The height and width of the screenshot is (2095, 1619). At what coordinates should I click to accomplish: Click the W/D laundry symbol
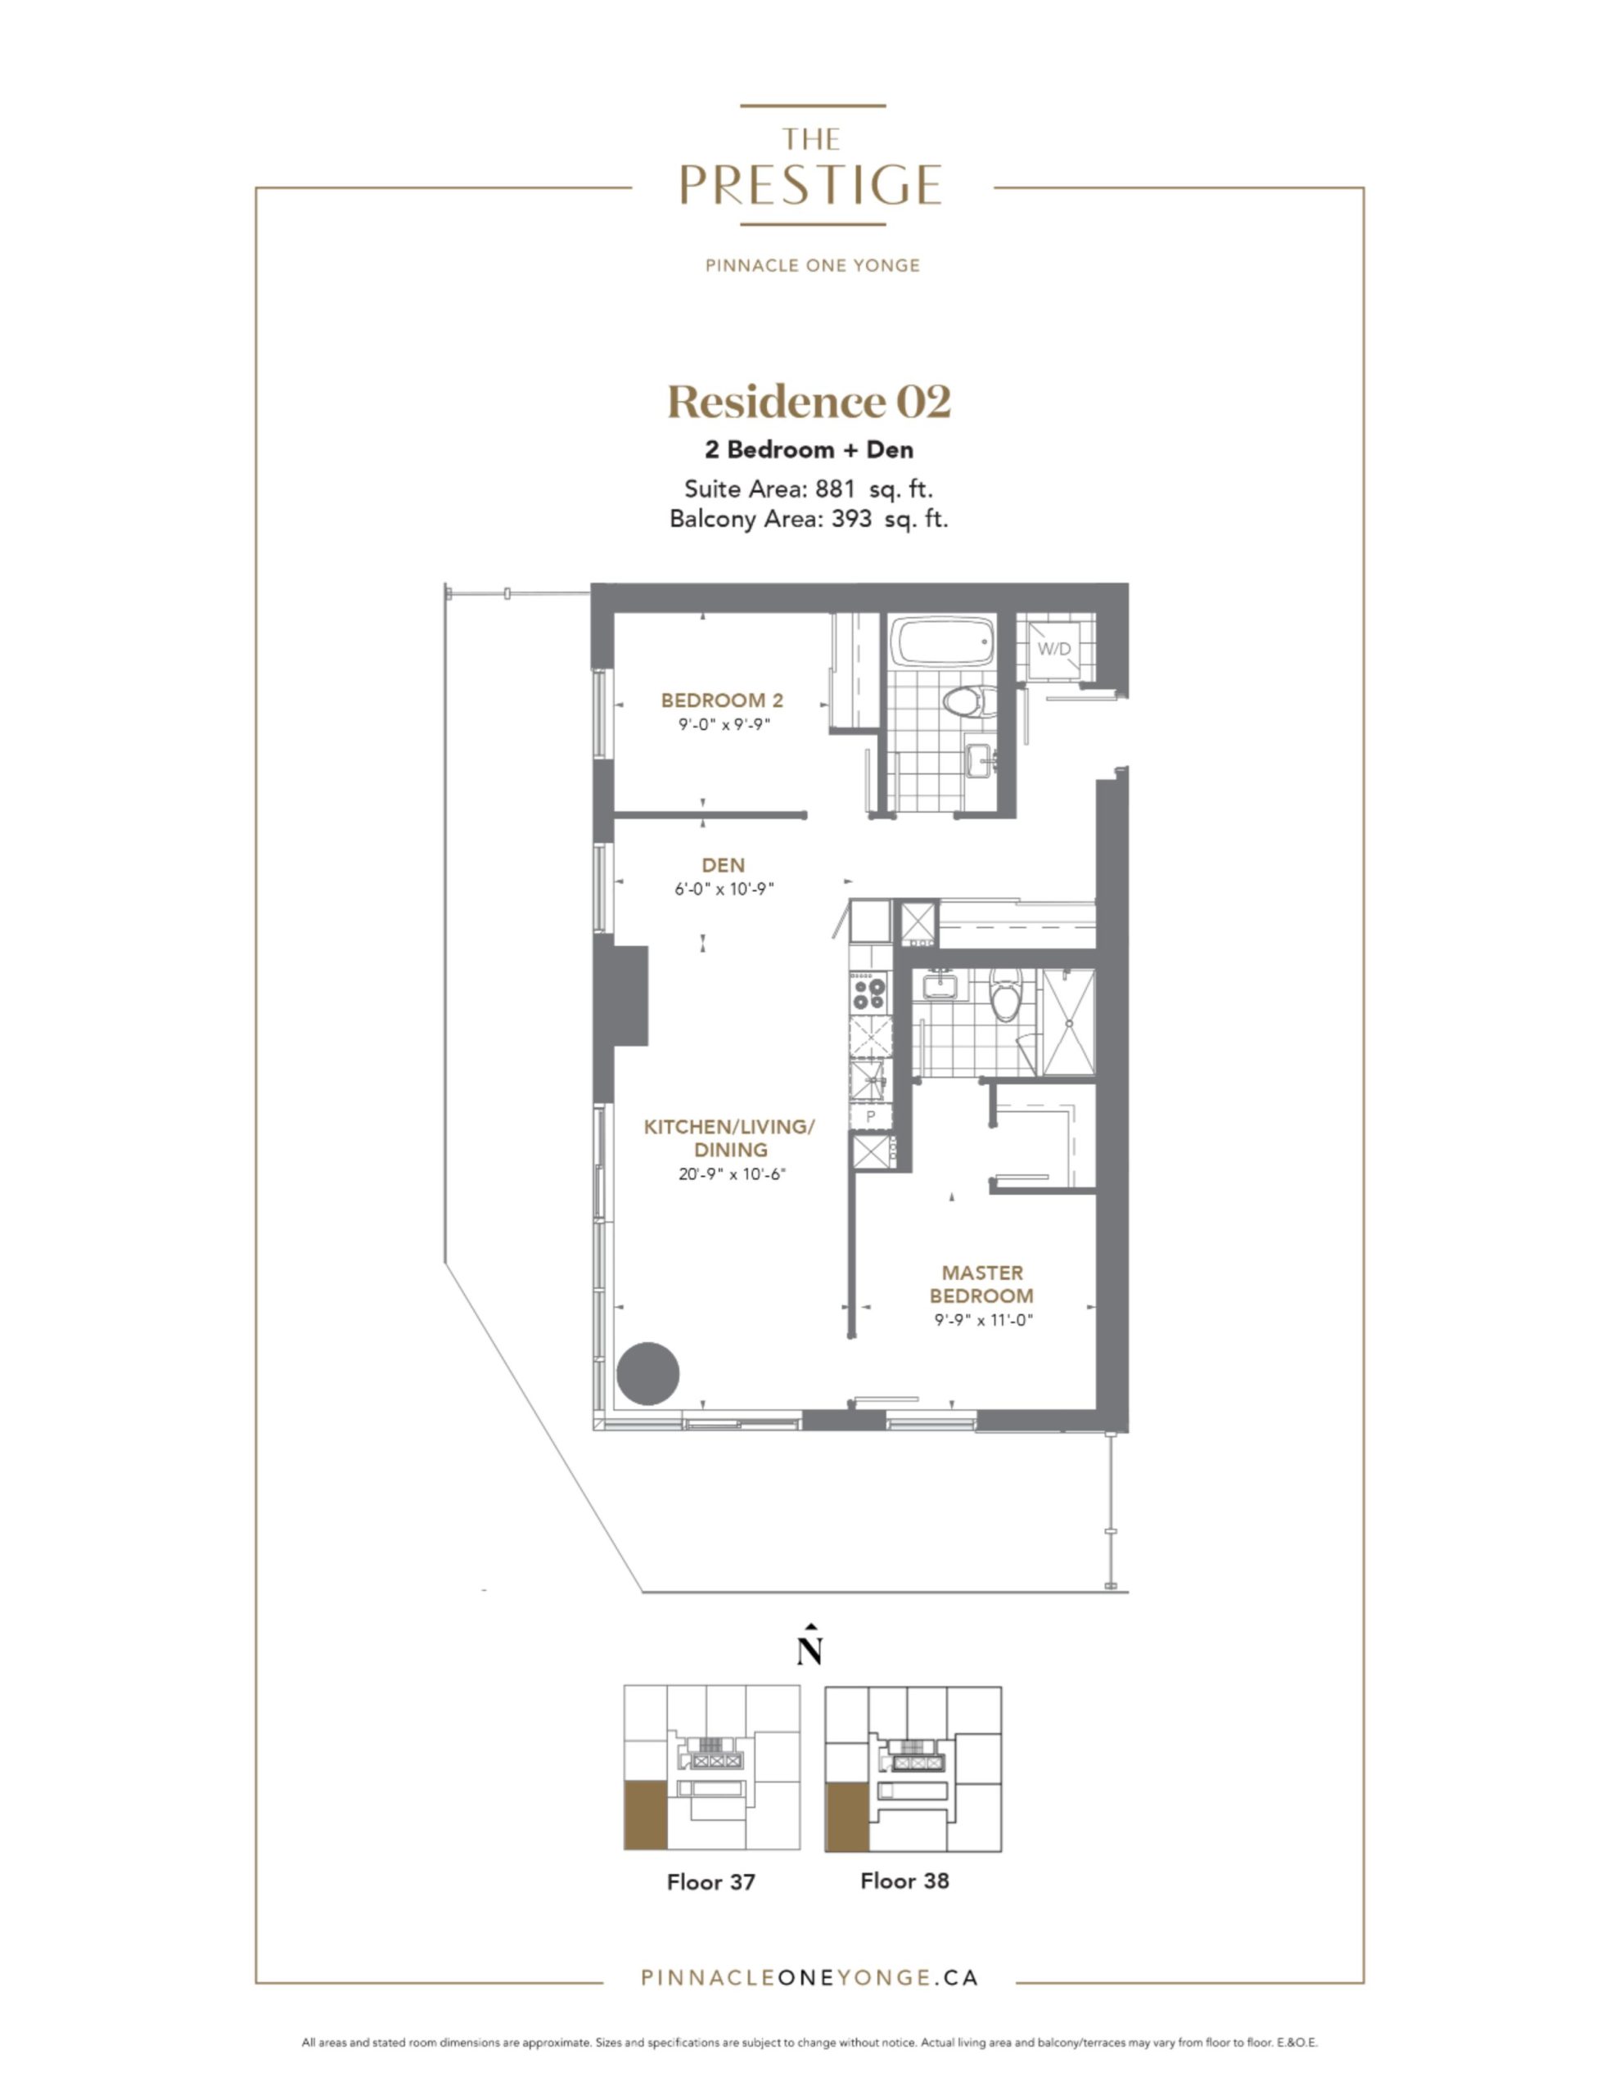pos(1053,648)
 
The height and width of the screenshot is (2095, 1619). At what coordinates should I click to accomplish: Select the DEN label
pos(723,865)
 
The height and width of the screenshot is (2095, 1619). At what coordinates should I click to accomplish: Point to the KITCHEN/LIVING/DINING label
pos(729,1138)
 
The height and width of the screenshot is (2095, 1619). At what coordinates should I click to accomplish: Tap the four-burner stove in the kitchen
pos(868,990)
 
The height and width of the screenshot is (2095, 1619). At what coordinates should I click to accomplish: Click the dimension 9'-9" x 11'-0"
pos(983,1320)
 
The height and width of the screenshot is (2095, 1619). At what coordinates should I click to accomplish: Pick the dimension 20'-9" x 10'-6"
pos(731,1174)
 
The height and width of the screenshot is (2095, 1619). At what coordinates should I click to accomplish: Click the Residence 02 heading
pos(809,401)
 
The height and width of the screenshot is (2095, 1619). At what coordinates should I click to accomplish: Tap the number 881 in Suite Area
pos(835,489)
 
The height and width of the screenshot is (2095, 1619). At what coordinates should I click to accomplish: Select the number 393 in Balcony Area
pos(852,519)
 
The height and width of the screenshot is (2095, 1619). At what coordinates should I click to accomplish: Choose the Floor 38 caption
pos(904,1880)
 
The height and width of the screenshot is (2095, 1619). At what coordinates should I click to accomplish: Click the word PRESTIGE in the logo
pos(810,184)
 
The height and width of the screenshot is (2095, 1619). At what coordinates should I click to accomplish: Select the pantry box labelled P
pos(870,1115)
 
